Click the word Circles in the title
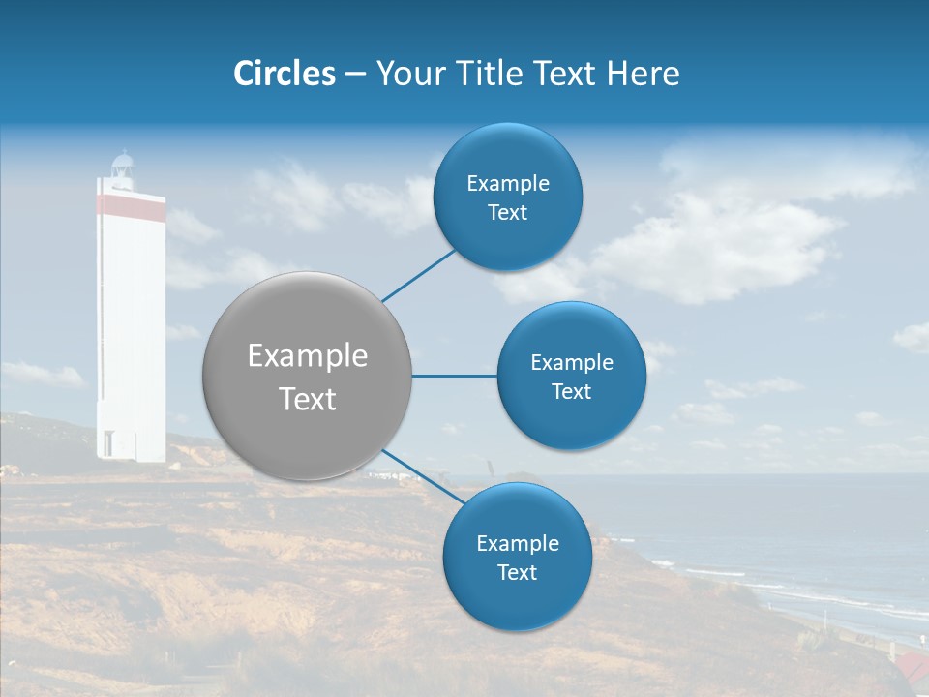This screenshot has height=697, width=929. click(284, 74)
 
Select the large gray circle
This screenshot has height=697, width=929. click(307, 376)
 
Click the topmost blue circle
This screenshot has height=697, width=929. click(507, 197)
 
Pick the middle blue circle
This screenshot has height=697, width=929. click(571, 376)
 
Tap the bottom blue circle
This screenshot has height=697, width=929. click(517, 557)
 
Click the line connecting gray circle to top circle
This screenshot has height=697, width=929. click(418, 275)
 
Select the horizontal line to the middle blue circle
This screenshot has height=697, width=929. click(454, 376)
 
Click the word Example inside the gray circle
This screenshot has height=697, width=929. click(307, 356)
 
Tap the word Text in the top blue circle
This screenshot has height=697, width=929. click(507, 213)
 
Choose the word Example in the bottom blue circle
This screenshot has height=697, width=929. click(517, 543)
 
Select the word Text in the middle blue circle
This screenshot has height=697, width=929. click(571, 392)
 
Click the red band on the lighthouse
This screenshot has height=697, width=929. click(130, 205)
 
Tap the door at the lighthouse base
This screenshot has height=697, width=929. click(107, 444)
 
